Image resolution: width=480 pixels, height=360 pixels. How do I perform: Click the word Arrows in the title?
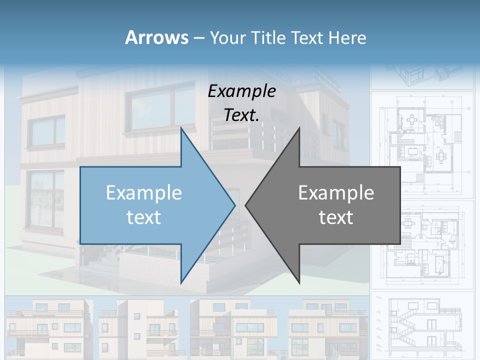click(x=156, y=37)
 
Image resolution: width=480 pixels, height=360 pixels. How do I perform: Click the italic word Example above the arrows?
click(x=242, y=91)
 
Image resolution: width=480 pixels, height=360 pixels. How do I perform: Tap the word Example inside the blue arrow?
click(x=144, y=193)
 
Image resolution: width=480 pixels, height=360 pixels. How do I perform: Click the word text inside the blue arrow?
click(x=144, y=217)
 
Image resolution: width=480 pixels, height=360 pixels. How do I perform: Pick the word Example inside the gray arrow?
click(x=336, y=193)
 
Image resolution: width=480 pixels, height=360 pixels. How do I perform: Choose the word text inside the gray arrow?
click(x=336, y=217)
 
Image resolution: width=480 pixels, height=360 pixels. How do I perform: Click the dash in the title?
click(x=198, y=38)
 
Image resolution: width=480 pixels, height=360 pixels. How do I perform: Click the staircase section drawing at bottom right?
click(x=422, y=325)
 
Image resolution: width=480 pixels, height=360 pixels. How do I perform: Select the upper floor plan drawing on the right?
click(x=422, y=145)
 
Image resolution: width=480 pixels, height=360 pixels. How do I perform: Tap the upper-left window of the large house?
click(x=46, y=131)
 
